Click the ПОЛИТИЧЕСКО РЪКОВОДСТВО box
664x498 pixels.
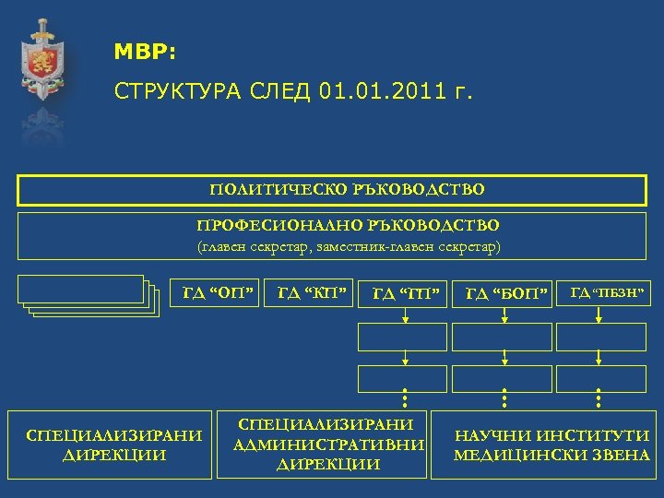tap(332, 190)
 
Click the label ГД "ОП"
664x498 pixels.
tap(218, 293)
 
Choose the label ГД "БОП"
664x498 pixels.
tap(505, 294)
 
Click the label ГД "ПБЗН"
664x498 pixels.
tap(605, 293)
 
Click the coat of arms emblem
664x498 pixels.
tap(41, 60)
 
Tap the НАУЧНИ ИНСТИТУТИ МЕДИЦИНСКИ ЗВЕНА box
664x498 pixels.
tap(552, 445)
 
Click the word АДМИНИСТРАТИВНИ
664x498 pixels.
tap(329, 445)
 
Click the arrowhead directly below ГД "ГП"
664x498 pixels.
tap(404, 320)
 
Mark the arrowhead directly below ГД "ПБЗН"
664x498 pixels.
tap(598, 320)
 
